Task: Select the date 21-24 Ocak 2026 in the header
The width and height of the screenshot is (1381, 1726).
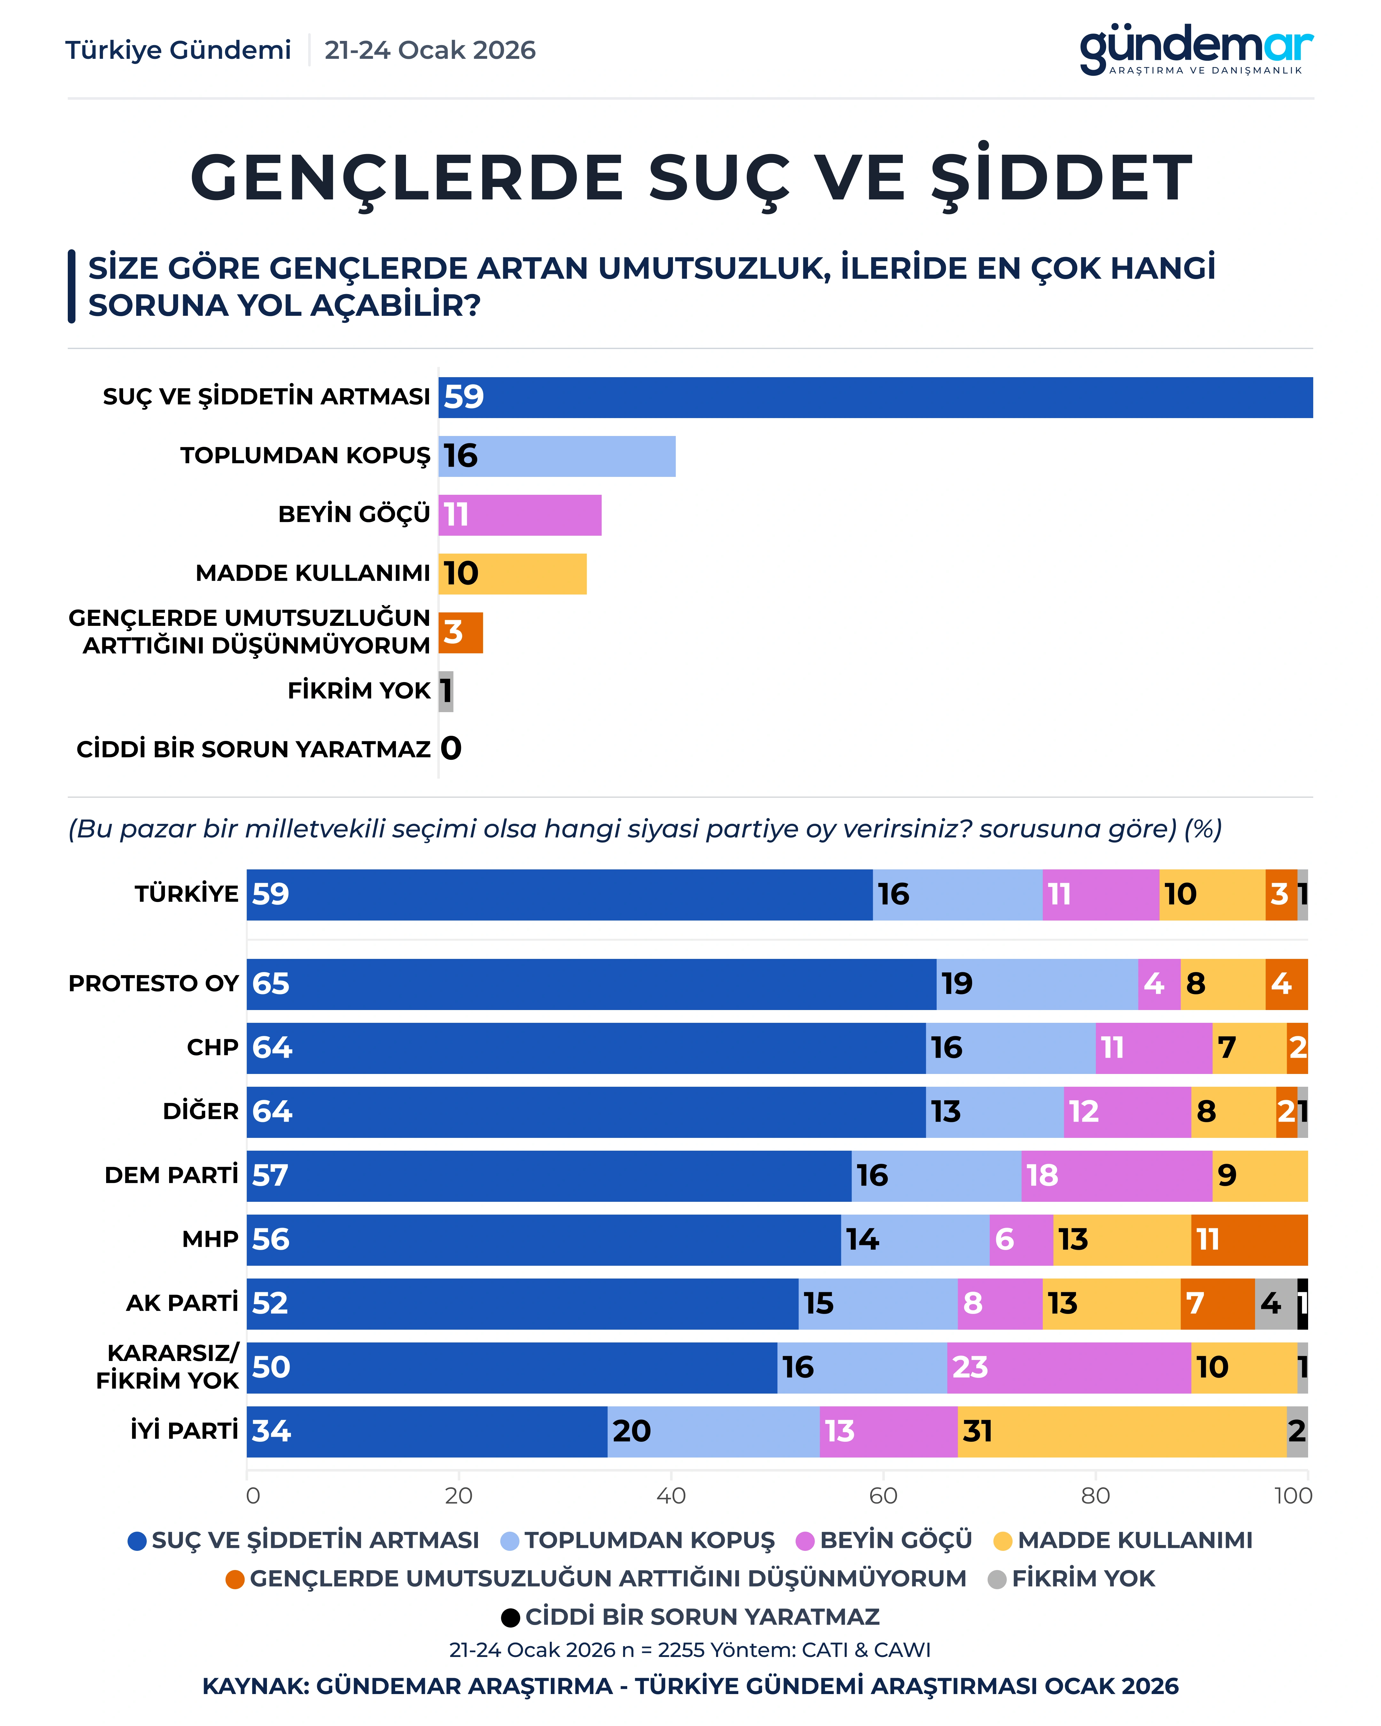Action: point(430,51)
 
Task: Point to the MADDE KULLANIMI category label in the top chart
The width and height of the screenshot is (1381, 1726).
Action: point(313,573)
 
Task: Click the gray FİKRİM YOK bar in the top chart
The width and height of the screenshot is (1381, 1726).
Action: point(446,691)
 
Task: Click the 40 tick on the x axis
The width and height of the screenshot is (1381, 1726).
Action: point(671,1496)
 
